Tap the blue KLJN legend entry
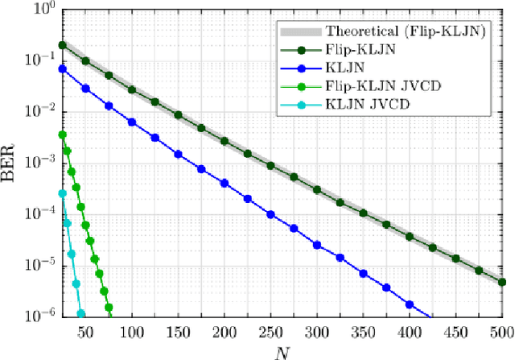point(344,68)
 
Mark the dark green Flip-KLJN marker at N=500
point(502,282)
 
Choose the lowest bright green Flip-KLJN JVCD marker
point(109,307)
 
